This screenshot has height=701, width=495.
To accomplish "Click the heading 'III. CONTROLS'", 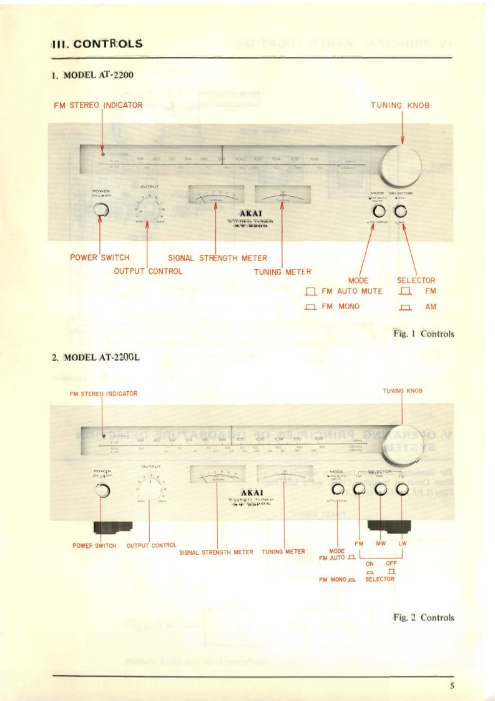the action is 97,44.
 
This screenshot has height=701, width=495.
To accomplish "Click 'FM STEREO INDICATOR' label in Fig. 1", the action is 98,105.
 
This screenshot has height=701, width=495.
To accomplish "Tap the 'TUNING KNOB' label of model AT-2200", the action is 399,105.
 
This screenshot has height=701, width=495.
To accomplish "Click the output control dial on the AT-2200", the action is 147,208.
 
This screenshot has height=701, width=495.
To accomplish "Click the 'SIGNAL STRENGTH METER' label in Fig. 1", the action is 217,258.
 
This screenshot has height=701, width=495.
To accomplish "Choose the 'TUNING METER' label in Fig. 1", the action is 282,272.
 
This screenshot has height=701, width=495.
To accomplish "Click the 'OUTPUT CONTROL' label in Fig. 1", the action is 148,271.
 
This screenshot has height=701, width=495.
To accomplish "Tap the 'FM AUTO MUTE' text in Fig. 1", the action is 351,292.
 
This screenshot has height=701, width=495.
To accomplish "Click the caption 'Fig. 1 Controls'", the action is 423,334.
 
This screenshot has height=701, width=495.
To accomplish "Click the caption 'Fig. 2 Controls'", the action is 423,618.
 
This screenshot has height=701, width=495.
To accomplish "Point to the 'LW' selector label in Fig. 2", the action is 403,544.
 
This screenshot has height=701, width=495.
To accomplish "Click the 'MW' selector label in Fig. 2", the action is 381,544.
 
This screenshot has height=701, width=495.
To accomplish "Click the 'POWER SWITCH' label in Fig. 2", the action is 94,545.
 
